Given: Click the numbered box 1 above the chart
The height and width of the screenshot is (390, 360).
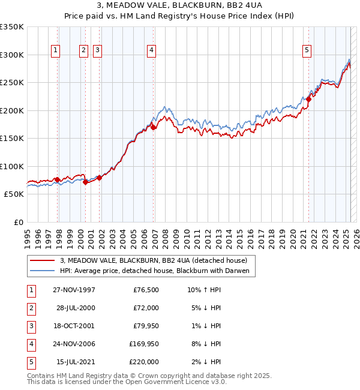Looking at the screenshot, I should (x=55, y=51).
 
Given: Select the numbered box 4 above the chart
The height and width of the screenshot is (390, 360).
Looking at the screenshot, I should (x=151, y=51).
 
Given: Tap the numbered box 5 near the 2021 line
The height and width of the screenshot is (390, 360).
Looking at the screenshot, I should (x=307, y=51).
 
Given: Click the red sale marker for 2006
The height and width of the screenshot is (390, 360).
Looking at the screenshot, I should (x=154, y=127).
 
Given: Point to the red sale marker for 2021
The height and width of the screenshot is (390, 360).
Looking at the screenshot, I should (x=309, y=99).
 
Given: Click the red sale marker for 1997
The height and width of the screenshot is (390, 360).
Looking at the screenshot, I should (x=58, y=179).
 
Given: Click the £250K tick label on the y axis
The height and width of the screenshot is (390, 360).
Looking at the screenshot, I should (x=12, y=82).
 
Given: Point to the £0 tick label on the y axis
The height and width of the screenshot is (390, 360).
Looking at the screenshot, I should (x=17, y=222).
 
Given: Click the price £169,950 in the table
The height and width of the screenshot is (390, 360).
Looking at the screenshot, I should (x=144, y=344).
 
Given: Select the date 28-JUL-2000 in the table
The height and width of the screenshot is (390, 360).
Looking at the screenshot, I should (x=76, y=308).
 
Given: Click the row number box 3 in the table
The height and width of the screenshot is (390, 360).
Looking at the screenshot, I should (x=31, y=326).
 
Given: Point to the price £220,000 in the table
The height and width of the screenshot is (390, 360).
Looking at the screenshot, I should (x=144, y=362).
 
